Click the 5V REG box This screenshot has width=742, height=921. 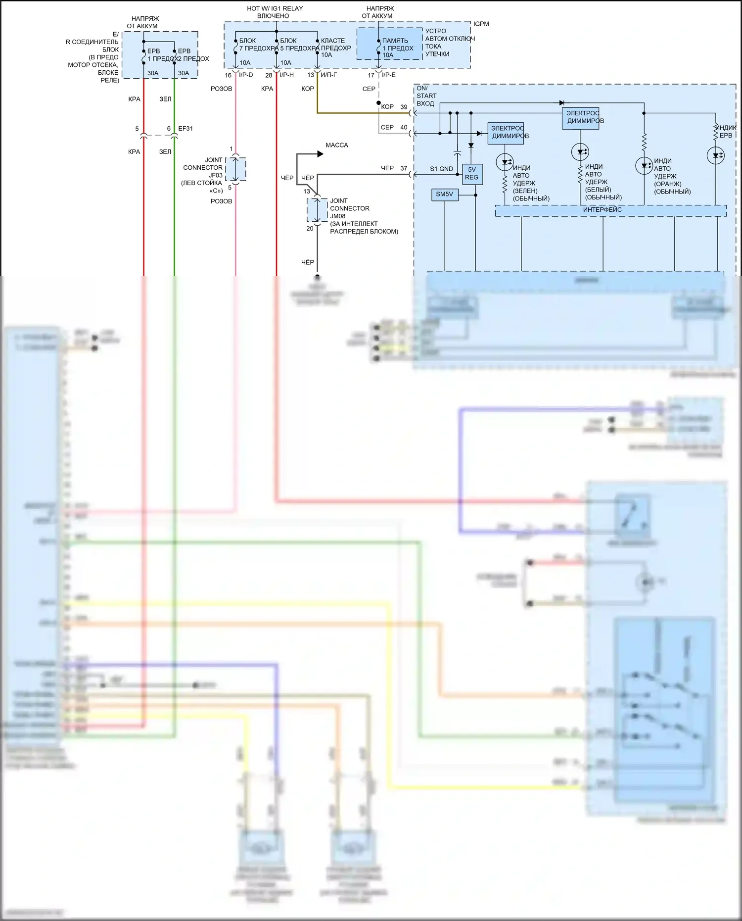point(472,174)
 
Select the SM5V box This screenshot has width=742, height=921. point(444,194)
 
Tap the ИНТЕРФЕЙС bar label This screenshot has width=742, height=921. point(602,210)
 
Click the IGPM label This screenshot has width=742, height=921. point(481,24)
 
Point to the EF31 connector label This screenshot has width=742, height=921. point(185,129)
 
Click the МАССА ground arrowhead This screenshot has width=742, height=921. point(320,154)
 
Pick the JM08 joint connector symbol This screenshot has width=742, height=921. point(317,210)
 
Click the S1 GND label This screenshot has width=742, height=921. point(441,169)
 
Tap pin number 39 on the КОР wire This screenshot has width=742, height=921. point(404,107)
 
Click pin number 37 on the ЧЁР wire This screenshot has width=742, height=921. point(404,168)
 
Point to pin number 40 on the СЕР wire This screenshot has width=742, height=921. point(404,128)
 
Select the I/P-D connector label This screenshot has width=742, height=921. point(246,75)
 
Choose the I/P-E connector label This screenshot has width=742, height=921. point(389,75)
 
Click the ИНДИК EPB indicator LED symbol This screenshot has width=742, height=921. point(716,156)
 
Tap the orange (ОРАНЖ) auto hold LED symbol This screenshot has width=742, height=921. point(644,166)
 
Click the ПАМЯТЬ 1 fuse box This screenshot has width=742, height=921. point(389,45)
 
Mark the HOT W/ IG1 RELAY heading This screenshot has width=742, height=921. point(275,9)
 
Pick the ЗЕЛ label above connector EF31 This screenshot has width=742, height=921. point(165,99)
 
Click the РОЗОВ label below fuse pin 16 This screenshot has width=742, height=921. point(221,89)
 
